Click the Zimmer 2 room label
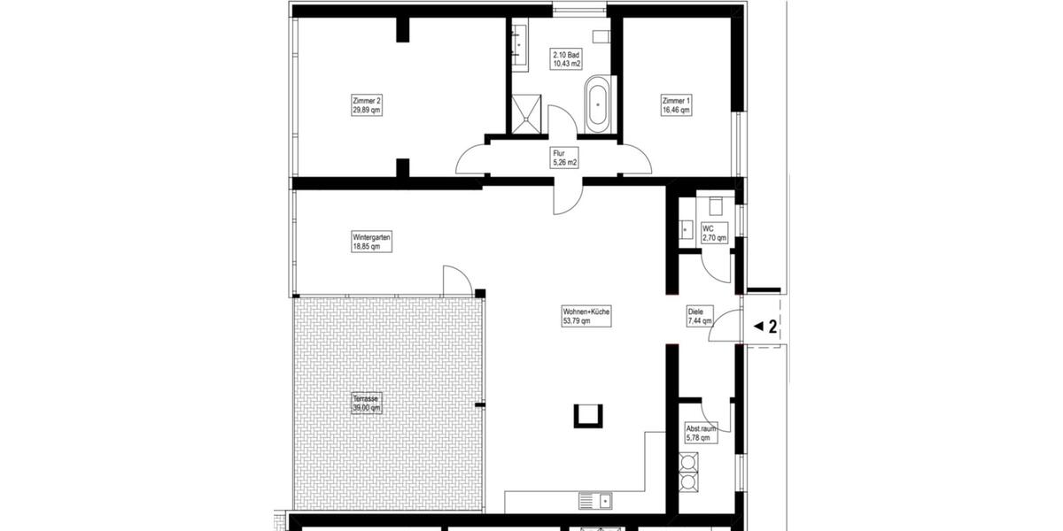tap(367, 105)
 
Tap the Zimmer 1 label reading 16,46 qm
tap(676, 105)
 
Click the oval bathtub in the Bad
tap(598, 104)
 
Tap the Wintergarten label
tap(371, 242)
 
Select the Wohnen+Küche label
tap(586, 316)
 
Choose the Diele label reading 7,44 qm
tap(701, 317)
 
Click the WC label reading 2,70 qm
tap(714, 233)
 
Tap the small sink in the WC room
tap(685, 229)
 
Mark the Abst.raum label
tap(701, 432)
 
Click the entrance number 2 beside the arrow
tap(772, 327)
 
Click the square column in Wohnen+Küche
tap(588, 414)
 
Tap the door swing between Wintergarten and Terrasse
tap(456, 281)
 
